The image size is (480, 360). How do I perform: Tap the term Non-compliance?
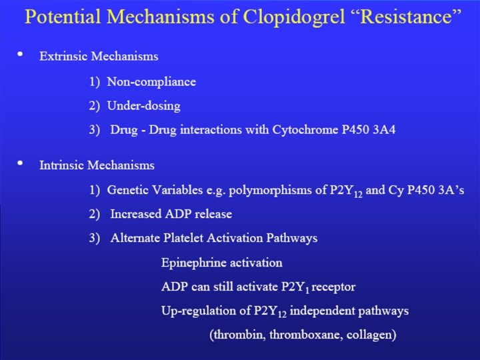click(x=151, y=82)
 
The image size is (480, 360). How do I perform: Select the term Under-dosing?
click(x=143, y=106)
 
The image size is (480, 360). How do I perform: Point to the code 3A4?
click(x=384, y=130)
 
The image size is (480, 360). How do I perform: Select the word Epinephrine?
click(x=192, y=263)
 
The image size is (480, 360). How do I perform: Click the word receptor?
click(x=334, y=287)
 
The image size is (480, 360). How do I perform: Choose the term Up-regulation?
click(x=195, y=311)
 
